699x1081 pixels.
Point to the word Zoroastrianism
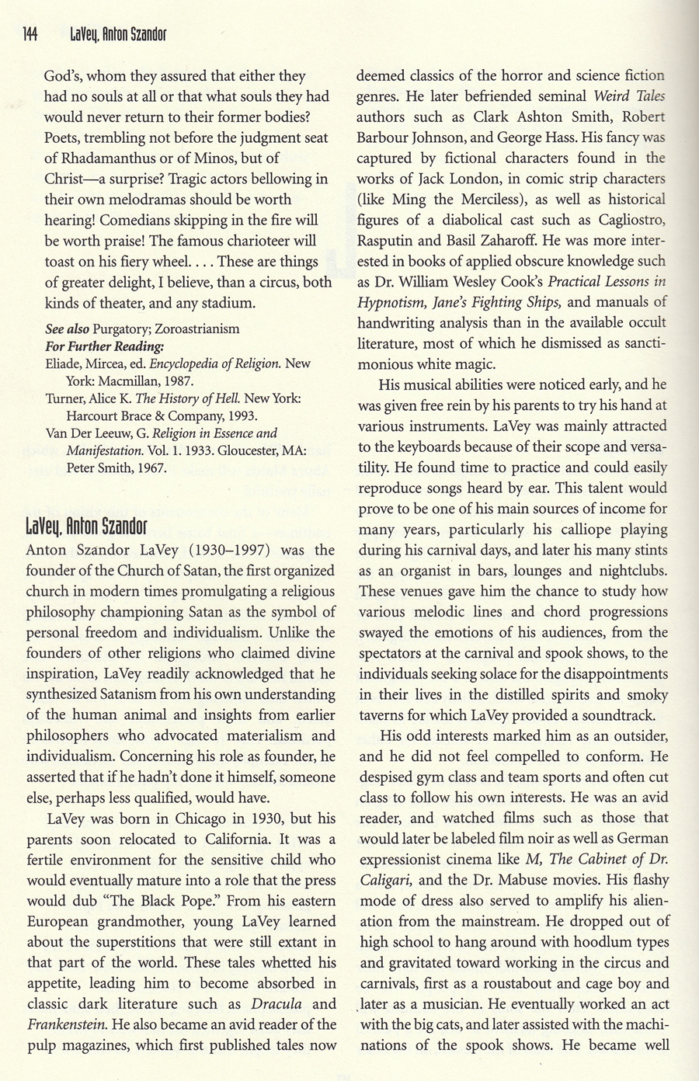coord(198,328)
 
